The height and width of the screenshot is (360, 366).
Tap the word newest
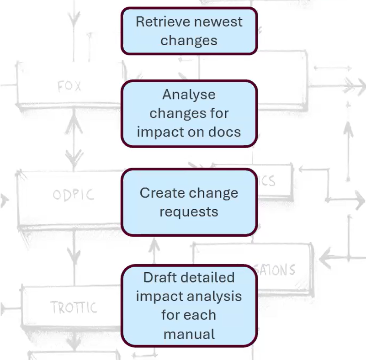click(217, 21)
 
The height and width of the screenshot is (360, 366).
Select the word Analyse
click(189, 95)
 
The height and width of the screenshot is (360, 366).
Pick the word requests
click(189, 212)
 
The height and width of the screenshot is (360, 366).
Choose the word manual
click(189, 334)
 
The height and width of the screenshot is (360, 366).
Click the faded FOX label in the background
click(69, 86)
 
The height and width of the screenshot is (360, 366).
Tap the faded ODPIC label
click(73, 195)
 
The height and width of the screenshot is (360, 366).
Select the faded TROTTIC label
click(74, 307)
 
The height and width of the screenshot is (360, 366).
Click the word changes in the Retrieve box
click(189, 40)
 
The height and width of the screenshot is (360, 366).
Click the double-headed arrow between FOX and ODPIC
click(73, 139)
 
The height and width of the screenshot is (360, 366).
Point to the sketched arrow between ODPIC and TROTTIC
click(73, 258)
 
